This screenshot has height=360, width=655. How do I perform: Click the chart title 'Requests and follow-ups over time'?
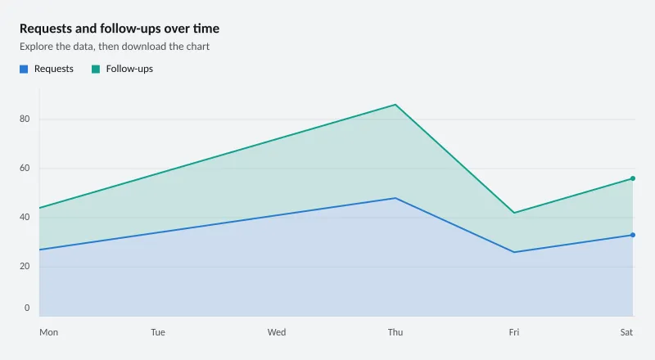120,29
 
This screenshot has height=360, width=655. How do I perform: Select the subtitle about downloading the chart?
115,47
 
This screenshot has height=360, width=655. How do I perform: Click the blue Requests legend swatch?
24,69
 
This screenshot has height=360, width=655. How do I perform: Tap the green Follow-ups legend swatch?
96,69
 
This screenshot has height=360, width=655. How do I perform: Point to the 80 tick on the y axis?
25,119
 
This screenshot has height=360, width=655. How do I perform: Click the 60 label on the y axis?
25,169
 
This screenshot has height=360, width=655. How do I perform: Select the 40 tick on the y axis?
25,217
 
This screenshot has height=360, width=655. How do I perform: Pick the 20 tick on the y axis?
25,267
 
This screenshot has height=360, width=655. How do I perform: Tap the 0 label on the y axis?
27,308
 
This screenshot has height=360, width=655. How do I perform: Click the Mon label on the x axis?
49,332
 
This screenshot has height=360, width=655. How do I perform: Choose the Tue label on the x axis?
158,332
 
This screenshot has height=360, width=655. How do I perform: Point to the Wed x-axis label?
277,332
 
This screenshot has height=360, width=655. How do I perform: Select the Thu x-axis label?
395,332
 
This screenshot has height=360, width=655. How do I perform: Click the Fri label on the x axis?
514,332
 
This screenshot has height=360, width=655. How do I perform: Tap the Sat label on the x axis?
626,332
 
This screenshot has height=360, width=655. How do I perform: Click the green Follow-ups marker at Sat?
633,178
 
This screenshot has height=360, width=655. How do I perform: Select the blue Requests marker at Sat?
633,235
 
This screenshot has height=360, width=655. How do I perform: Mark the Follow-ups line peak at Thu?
395,105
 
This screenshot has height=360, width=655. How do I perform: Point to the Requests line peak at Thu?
395,198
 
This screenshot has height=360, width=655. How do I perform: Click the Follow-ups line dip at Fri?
514,213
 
